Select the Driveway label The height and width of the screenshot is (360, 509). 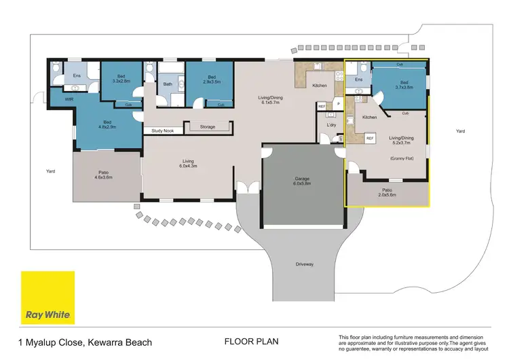[x=305, y=264]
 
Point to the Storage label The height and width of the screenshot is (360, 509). [x=208, y=126]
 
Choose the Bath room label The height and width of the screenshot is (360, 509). [x=168, y=85]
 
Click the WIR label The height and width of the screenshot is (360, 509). [x=69, y=99]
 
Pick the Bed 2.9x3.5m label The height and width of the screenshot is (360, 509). [x=211, y=79]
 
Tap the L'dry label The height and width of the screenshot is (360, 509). [x=332, y=125]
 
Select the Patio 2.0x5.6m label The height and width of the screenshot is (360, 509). [x=386, y=192]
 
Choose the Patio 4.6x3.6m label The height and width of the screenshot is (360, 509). [x=105, y=177]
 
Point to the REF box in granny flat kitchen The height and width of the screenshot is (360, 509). [x=370, y=138]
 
